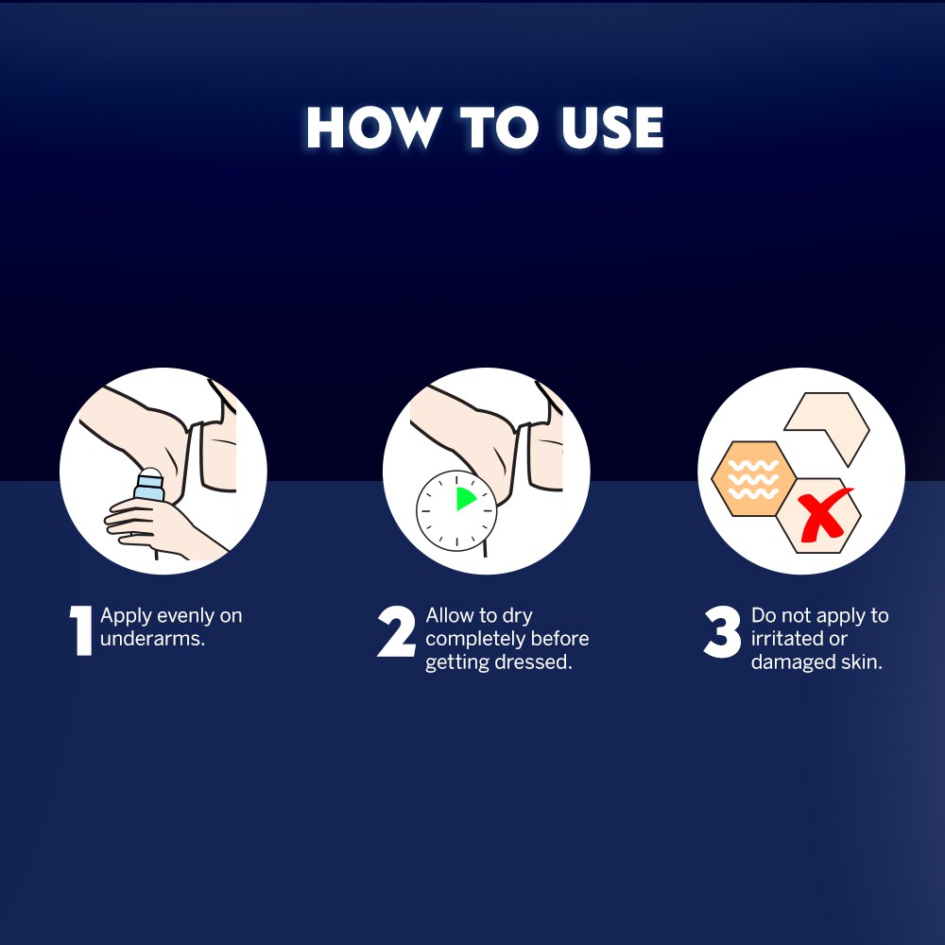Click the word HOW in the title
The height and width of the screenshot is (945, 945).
tap(371, 128)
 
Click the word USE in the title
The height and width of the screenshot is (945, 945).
tap(612, 128)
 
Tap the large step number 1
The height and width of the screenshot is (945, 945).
tap(80, 630)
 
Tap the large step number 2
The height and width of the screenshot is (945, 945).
tap(397, 631)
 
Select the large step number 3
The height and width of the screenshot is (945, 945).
tap(722, 631)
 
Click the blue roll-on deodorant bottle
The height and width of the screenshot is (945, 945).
tap(149, 485)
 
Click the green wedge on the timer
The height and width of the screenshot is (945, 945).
tap(466, 499)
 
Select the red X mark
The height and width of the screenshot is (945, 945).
tap(823, 514)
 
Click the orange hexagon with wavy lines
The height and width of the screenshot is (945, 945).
tap(753, 478)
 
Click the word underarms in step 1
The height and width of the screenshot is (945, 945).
tap(152, 639)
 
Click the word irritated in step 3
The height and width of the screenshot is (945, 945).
tap(782, 639)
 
